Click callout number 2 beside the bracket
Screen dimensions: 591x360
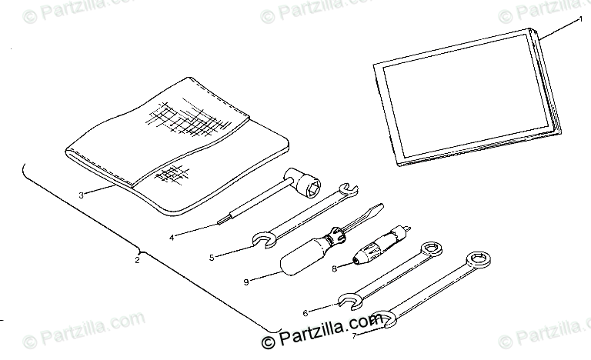click(x=137, y=260)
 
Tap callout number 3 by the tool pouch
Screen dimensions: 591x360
click(x=81, y=195)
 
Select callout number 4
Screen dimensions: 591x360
click(x=173, y=237)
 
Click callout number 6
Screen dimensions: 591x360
click(x=306, y=312)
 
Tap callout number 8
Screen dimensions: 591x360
click(x=334, y=268)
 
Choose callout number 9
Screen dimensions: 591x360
click(x=245, y=282)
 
